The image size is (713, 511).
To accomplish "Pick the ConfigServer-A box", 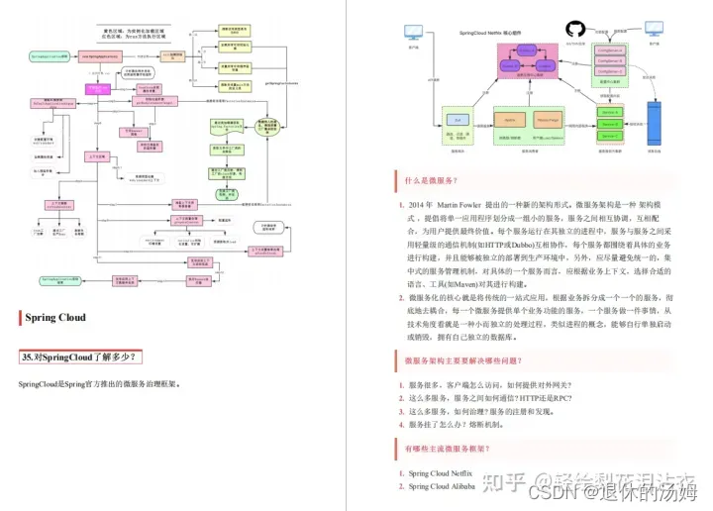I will click(x=611, y=46).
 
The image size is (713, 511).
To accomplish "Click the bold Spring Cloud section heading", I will click(x=53, y=318).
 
